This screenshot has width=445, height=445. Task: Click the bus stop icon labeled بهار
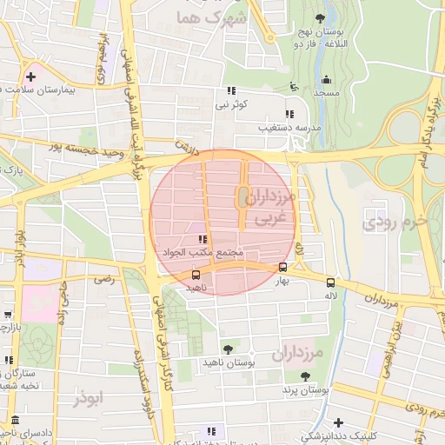(282, 268)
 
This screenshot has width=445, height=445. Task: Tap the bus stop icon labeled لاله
(330, 282)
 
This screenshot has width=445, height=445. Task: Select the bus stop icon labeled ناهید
(196, 275)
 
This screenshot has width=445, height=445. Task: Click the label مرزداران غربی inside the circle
(270, 209)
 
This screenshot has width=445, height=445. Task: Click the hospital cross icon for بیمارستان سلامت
(31, 76)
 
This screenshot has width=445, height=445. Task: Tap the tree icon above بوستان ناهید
(228, 349)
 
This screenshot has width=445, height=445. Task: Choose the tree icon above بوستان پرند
(304, 375)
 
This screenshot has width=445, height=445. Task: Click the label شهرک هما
(211, 17)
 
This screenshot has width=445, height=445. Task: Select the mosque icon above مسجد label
(295, 86)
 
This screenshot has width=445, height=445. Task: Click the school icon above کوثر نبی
(231, 90)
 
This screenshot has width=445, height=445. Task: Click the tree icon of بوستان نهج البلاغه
(322, 17)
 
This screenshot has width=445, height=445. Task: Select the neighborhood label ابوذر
(89, 398)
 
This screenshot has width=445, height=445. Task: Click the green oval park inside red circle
(242, 199)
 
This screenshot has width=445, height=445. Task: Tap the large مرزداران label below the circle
(297, 355)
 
